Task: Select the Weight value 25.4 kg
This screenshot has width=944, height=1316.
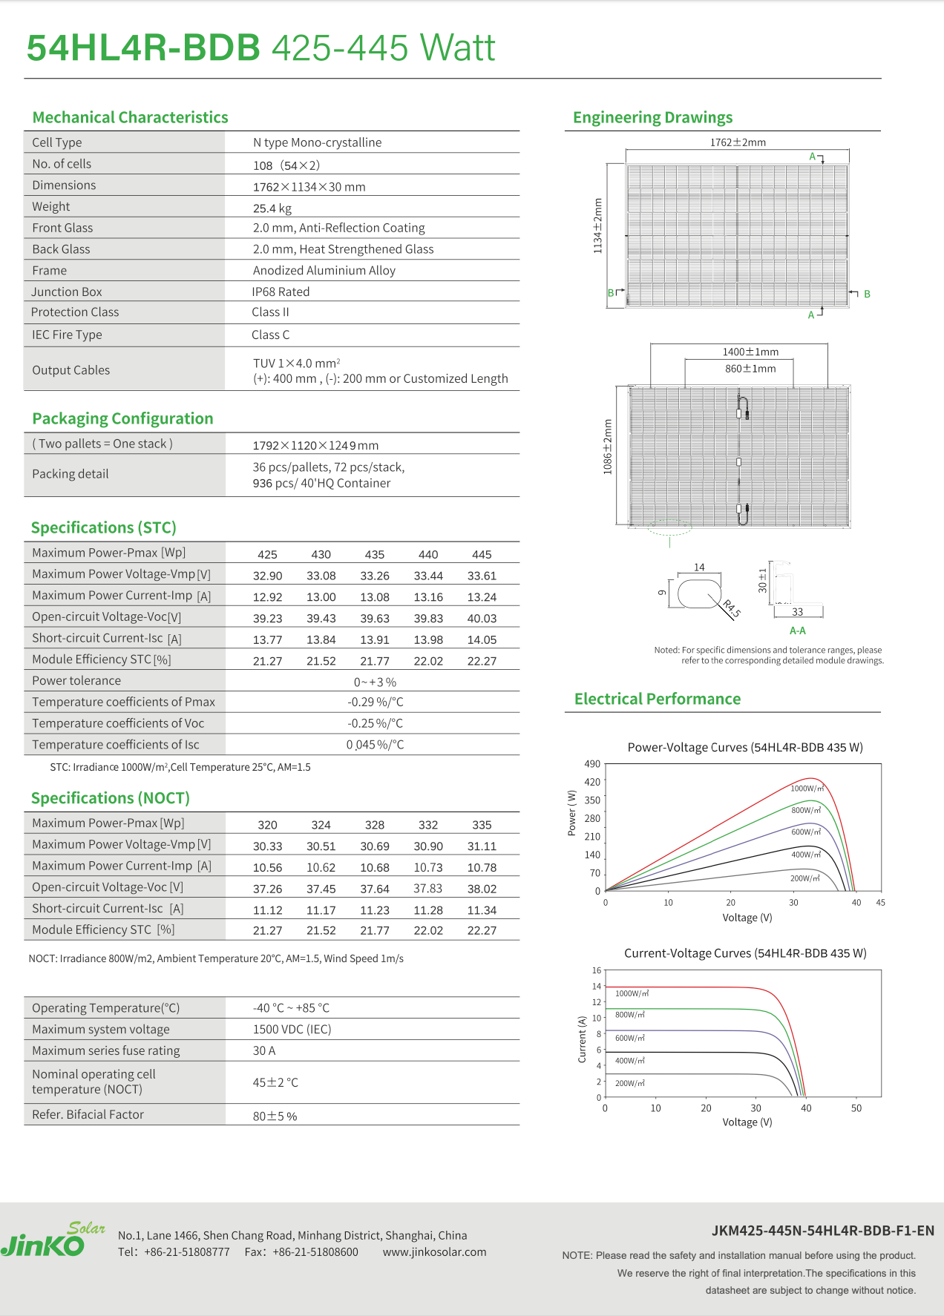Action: [x=272, y=208]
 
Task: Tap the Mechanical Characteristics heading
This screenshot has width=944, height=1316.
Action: [x=130, y=117]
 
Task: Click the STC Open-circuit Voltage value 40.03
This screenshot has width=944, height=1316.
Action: [x=482, y=619]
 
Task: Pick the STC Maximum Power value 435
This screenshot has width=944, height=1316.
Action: [x=375, y=555]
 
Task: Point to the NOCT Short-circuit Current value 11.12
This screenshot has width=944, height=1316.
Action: [x=267, y=910]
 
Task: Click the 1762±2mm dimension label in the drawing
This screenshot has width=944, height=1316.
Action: [x=738, y=142]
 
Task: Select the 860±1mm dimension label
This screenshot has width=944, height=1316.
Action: [x=750, y=369]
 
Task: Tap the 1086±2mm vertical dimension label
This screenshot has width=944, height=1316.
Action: [x=608, y=447]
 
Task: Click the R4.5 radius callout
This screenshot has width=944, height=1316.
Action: [x=732, y=608]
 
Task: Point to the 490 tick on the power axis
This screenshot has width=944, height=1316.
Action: [x=592, y=764]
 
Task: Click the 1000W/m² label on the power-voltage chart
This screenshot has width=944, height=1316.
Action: [x=807, y=789]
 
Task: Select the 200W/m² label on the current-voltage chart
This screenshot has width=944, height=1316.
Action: [x=630, y=1084]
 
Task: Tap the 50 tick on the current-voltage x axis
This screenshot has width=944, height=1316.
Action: [x=856, y=1108]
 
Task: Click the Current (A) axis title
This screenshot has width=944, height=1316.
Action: [x=582, y=1039]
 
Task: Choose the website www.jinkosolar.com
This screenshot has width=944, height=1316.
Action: [x=435, y=1252]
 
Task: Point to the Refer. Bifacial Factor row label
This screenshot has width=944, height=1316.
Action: [x=88, y=1115]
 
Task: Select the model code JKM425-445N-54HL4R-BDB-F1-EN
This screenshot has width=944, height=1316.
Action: [x=822, y=1231]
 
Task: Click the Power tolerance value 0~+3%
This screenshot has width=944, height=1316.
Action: [x=375, y=682]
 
